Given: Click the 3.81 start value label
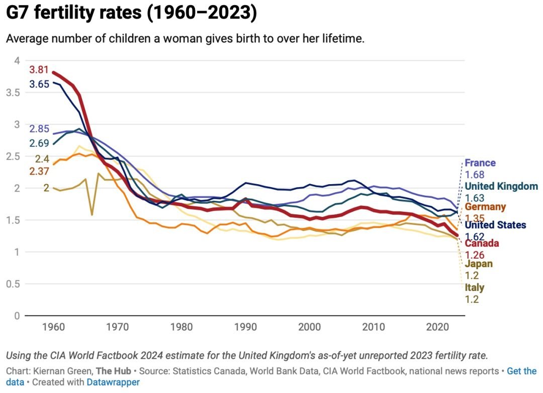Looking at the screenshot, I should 39,70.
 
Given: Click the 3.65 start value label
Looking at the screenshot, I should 39,84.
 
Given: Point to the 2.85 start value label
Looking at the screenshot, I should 39,128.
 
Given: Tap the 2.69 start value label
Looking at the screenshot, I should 39,143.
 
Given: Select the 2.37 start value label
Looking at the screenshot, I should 39,172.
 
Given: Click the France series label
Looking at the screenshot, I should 480,163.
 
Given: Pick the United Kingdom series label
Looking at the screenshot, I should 501,186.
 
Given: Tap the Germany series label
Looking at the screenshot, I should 485,207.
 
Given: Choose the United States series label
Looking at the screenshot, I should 495,225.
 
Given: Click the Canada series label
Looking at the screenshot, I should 482,244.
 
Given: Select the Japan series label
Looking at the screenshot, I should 479,264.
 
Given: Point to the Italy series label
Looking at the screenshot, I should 474,288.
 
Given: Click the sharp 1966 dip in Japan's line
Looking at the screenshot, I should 92,214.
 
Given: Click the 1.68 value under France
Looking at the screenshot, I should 474,175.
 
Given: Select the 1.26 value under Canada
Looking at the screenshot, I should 474,255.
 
